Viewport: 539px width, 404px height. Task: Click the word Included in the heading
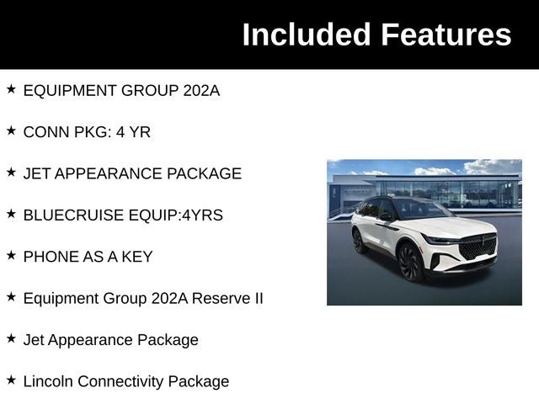307,35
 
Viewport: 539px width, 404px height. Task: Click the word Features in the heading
446,35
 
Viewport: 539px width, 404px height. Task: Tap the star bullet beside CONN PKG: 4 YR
11,131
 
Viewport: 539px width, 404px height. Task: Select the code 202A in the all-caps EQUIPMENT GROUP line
201,91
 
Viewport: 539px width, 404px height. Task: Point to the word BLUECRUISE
73,215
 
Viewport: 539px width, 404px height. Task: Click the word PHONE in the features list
45,257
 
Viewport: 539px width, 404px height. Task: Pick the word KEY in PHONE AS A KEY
137,257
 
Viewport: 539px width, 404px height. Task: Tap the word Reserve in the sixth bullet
221,298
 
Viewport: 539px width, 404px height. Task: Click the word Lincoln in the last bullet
48,381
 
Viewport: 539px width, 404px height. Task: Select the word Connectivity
120,381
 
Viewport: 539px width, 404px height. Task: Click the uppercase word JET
37,174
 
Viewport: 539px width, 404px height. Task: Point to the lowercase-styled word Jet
34,340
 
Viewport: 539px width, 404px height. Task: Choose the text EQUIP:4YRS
176,215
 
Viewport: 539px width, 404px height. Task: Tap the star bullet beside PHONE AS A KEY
11,256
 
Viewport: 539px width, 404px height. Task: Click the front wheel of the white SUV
411,263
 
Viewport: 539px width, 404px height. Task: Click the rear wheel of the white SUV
359,241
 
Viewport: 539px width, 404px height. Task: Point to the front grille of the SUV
478,247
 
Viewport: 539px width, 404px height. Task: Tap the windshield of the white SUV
421,209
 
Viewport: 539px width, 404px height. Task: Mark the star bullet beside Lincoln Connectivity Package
11,380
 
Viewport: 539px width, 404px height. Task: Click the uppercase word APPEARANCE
109,174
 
